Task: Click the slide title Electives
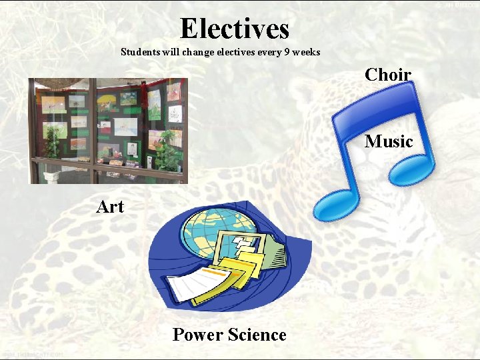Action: click(x=235, y=29)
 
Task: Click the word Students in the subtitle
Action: click(x=139, y=52)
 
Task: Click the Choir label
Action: click(x=388, y=75)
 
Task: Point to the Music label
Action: click(x=389, y=141)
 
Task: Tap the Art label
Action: click(x=110, y=207)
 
